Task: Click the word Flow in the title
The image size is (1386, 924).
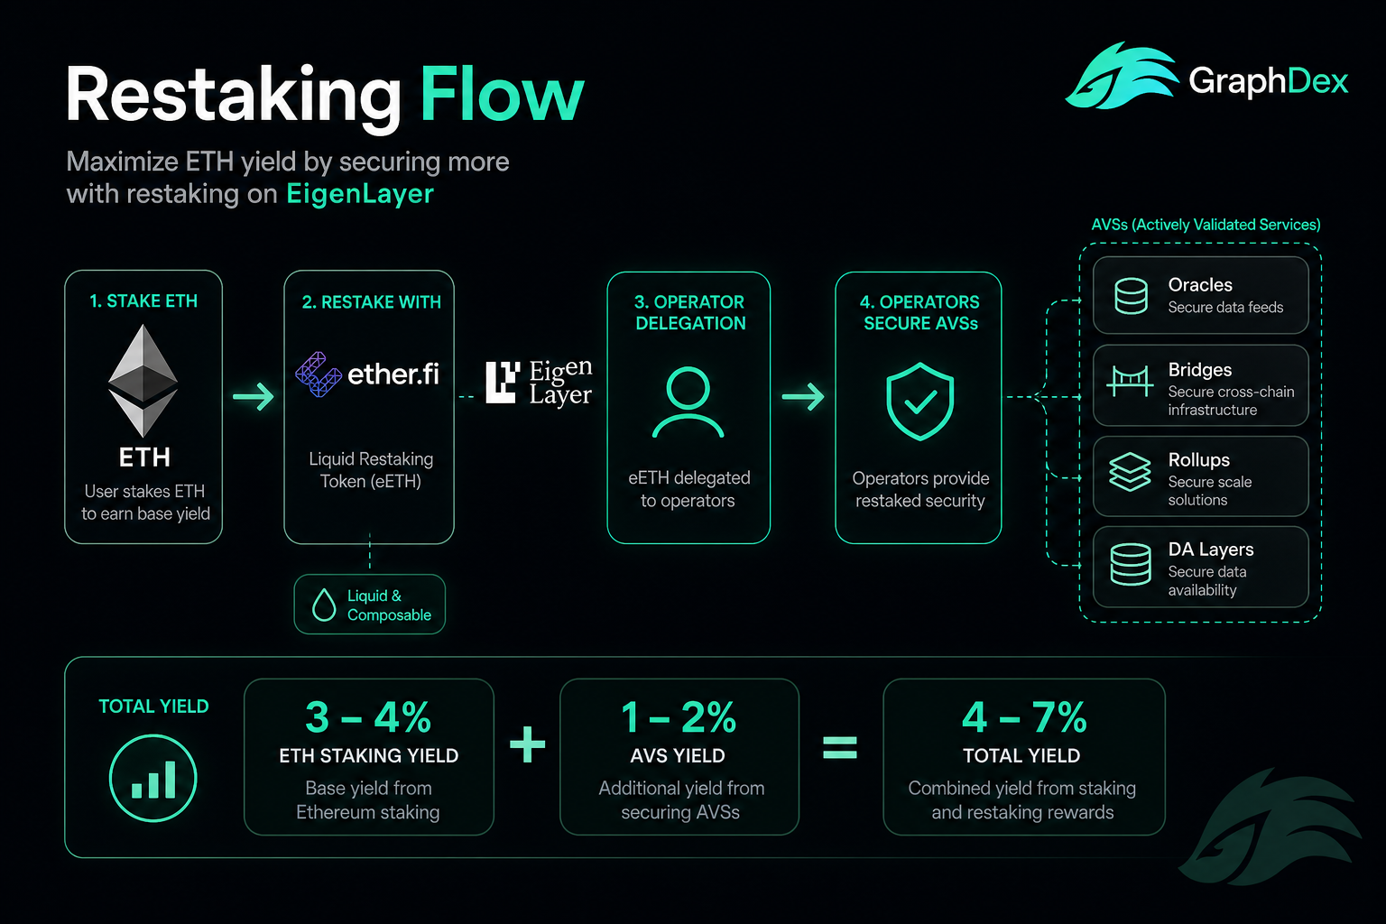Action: [x=502, y=95]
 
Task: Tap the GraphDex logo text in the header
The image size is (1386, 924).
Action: [x=1268, y=82]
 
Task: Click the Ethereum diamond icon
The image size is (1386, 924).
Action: [x=143, y=380]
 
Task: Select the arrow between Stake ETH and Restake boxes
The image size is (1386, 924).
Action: [x=253, y=396]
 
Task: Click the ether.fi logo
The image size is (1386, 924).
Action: [x=367, y=374]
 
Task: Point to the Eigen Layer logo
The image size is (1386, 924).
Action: [x=539, y=383]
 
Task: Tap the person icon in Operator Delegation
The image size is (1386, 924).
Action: [x=688, y=402]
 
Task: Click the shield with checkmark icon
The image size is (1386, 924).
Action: [x=920, y=401]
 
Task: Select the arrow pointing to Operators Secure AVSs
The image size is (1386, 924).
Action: [x=803, y=396]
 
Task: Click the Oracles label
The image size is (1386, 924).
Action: [x=1200, y=284]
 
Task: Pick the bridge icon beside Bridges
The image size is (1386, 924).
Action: [x=1130, y=381]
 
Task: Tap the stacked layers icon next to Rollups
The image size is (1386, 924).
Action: [x=1130, y=472]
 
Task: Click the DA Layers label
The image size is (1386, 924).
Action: [x=1210, y=549]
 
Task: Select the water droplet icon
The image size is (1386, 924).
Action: [x=324, y=604]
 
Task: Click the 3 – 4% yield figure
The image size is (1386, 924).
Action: [x=368, y=717]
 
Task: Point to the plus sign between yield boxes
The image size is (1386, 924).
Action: [x=527, y=744]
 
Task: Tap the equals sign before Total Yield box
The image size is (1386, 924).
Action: [x=840, y=747]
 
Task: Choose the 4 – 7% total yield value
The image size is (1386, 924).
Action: [x=1024, y=717]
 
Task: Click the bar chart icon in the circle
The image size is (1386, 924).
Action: [x=152, y=778]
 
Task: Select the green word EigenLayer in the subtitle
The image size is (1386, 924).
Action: [x=360, y=194]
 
